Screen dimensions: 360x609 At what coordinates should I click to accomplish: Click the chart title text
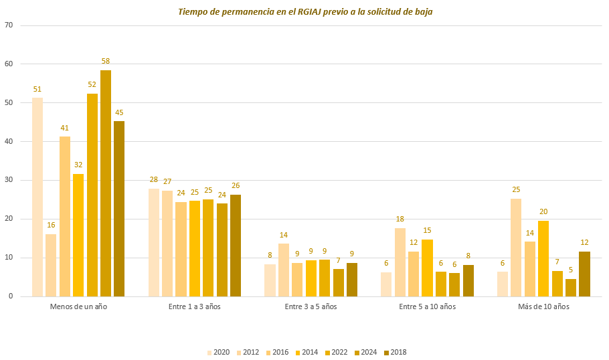[x=304, y=12]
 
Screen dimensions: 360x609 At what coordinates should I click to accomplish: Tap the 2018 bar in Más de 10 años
[x=584, y=274]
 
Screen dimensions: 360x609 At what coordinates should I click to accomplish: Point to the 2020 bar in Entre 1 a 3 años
[x=154, y=242]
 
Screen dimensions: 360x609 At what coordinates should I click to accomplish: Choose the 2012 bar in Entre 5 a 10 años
[x=400, y=262]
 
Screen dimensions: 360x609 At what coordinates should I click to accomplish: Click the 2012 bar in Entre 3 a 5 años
[x=284, y=270]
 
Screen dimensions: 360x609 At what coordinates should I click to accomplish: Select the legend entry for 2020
[x=218, y=353]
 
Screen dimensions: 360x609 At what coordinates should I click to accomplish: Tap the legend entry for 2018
[x=394, y=353]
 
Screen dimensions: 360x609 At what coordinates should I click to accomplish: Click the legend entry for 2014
[x=307, y=353]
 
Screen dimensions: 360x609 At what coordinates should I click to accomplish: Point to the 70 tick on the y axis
[x=9, y=25]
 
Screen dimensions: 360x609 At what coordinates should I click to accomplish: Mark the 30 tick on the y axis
[x=9, y=181]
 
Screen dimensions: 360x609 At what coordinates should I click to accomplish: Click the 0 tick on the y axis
[x=11, y=296]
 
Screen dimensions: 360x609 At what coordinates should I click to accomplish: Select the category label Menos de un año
[x=78, y=306]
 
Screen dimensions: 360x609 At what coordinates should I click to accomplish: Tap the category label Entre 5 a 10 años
[x=427, y=306]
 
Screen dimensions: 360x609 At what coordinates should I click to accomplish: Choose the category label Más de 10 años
[x=543, y=306]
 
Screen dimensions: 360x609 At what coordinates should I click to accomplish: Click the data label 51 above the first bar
[x=37, y=90]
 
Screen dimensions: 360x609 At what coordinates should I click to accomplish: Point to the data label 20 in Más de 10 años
[x=543, y=212]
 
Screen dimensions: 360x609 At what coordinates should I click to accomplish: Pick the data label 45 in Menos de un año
[x=119, y=112]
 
